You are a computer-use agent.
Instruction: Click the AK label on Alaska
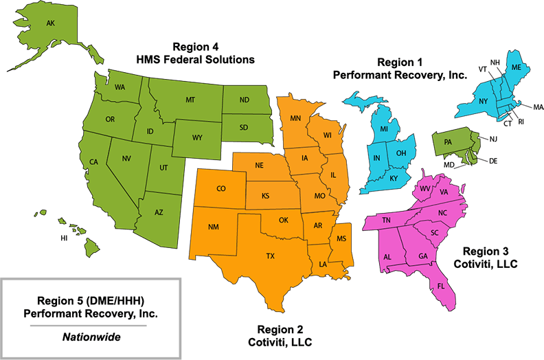[50, 23]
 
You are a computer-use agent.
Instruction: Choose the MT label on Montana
[190, 100]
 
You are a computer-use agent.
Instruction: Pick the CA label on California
[94, 162]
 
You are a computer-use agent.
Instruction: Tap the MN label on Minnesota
[296, 118]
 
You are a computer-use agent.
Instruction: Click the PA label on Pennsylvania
[448, 142]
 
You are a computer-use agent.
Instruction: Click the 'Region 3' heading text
[486, 251]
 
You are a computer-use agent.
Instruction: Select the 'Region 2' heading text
[282, 328]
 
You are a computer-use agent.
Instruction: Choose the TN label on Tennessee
[387, 220]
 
